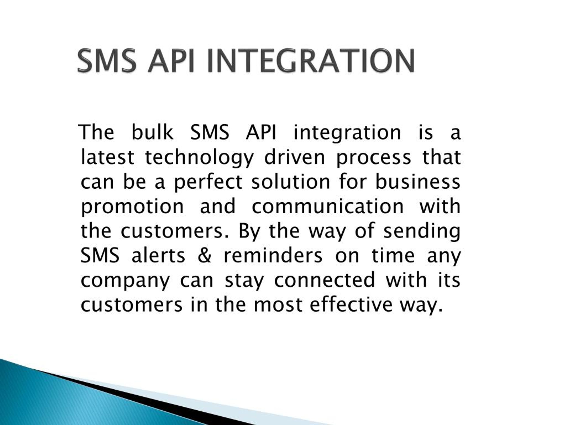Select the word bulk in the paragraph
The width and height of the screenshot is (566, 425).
(x=152, y=132)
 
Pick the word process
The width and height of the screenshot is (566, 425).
(x=373, y=157)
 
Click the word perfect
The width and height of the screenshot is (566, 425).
(x=208, y=182)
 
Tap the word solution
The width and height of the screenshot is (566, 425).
(x=291, y=182)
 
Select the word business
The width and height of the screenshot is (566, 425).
(x=418, y=182)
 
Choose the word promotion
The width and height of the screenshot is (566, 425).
(x=132, y=207)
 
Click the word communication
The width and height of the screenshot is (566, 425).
(x=328, y=206)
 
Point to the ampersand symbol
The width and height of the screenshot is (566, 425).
(x=205, y=256)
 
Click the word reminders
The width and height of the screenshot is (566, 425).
(x=273, y=256)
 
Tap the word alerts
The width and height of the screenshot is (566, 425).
(x=158, y=256)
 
